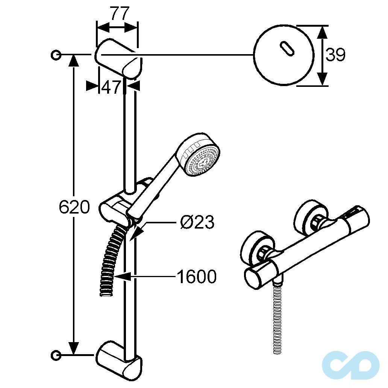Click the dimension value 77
[x=120, y=14]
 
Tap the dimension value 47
[x=111, y=87]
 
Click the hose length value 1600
[x=197, y=277]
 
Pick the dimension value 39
[x=335, y=55]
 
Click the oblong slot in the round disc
[x=287, y=48]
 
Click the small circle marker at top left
[x=56, y=55]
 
